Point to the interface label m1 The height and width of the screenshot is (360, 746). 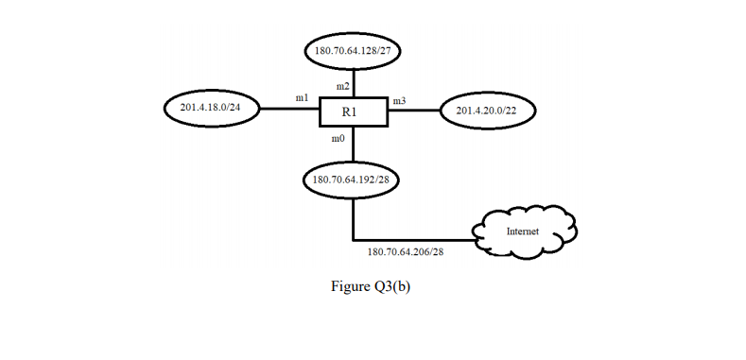tap(302, 97)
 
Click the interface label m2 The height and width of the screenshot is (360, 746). tap(342, 86)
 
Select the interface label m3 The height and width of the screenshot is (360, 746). tap(399, 100)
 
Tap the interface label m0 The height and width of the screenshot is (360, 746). tap(338, 139)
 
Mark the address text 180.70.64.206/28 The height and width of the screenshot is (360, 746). tap(406, 252)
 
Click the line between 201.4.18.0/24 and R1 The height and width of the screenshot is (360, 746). tap(287, 110)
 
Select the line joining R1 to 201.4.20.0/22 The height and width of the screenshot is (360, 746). tap(414, 111)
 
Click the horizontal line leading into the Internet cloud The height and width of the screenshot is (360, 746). tap(416, 239)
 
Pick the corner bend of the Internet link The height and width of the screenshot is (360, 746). tap(353, 239)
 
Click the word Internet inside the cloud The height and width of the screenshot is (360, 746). tap(523, 231)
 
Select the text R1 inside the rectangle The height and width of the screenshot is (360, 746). tap(351, 112)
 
